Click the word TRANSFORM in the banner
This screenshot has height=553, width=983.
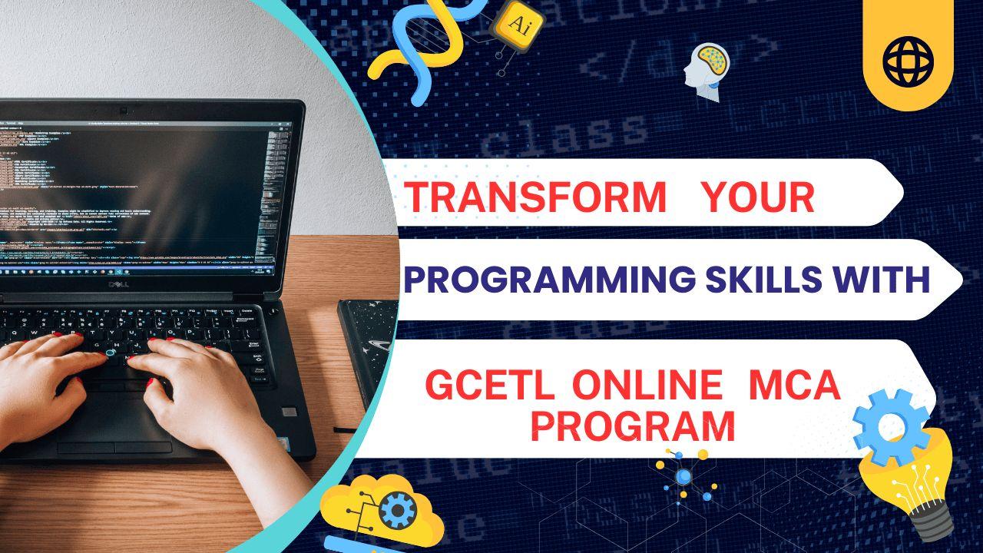[x=535, y=197]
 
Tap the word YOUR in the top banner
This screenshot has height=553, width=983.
[x=758, y=197]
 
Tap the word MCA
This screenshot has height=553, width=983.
[x=795, y=387]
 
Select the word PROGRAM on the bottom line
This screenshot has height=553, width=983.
[x=633, y=426]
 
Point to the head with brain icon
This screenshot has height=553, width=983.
[x=707, y=71]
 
